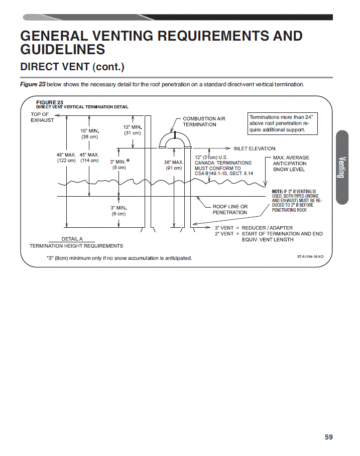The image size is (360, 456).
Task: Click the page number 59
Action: click(x=328, y=437)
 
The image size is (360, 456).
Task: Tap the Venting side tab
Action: click(x=342, y=167)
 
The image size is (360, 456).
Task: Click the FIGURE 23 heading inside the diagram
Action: click(x=50, y=102)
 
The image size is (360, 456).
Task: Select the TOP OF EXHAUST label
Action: click(x=42, y=117)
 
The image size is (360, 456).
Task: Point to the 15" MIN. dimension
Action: click(x=90, y=131)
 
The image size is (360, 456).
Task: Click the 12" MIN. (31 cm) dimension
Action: click(x=133, y=130)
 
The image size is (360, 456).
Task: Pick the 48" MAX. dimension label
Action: click(x=66, y=155)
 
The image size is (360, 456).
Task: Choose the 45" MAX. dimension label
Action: click(x=89, y=155)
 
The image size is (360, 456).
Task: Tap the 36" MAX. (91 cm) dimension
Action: click(x=174, y=165)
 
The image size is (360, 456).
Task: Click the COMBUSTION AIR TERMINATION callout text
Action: click(x=204, y=121)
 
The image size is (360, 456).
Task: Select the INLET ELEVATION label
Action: click(x=255, y=148)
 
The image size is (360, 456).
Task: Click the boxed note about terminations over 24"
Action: click(x=282, y=123)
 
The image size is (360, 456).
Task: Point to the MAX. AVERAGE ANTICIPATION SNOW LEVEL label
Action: click(x=291, y=164)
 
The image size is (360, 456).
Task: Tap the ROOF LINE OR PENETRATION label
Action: click(x=230, y=209)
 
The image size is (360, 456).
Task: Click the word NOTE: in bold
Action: click(x=277, y=191)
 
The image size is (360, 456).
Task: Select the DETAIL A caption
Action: click(x=72, y=239)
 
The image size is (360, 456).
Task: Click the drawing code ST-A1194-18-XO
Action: click(x=310, y=256)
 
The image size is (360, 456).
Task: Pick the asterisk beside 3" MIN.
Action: click(x=128, y=161)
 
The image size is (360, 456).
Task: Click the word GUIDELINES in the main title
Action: click(x=63, y=49)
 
